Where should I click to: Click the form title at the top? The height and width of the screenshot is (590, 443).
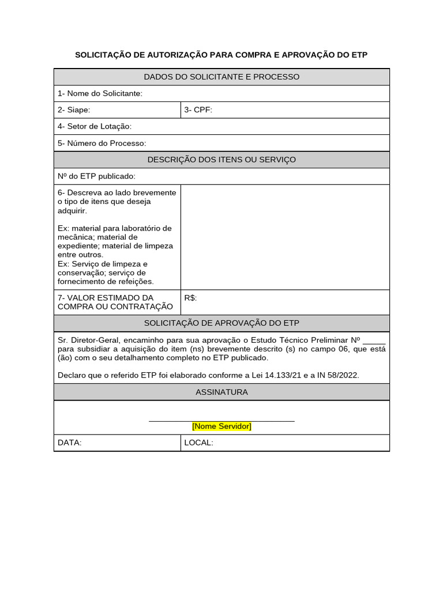[221, 55]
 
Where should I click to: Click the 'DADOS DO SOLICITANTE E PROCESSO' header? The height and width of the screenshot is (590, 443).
[221, 77]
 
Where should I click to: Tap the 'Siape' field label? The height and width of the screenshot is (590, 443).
[74, 110]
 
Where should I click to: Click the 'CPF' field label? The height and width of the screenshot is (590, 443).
[198, 110]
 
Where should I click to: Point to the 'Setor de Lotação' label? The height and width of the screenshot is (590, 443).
[95, 126]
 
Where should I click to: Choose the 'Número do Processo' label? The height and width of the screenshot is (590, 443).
[102, 143]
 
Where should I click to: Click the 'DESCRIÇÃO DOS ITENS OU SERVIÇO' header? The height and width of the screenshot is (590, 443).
[221, 160]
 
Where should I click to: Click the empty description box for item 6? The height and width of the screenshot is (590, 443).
[285, 237]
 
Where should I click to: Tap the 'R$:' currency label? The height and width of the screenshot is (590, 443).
[190, 298]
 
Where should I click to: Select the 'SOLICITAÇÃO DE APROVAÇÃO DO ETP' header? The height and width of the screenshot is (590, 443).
[221, 323]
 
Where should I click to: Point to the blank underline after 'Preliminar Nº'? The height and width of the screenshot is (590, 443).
[374, 341]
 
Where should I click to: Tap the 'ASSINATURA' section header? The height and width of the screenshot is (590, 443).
[221, 392]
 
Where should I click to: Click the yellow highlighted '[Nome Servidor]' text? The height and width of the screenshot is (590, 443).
[221, 426]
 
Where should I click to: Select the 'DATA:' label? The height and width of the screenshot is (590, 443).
[70, 442]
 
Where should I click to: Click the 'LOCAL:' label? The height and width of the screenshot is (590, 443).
[198, 442]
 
